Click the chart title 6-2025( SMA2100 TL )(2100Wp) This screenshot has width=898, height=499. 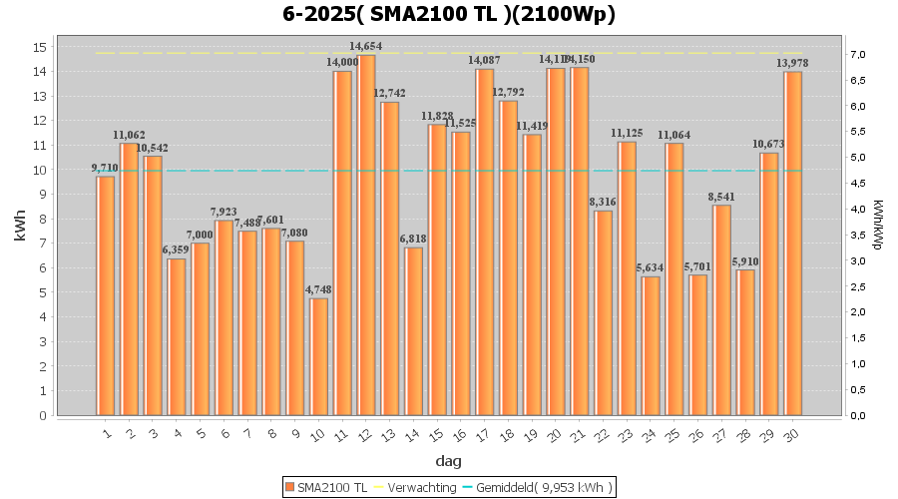coord(448,14)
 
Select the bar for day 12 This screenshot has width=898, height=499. coord(367,235)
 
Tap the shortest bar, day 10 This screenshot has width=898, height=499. coord(319,356)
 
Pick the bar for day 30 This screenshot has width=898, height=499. coord(793,244)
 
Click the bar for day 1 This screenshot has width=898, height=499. coord(105,295)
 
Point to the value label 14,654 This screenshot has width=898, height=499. coord(366,46)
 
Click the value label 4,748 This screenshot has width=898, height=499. coord(319,289)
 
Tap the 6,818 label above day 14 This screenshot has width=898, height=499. coord(414,239)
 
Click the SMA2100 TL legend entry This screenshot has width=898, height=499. coord(327,487)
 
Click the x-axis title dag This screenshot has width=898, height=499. coord(448,461)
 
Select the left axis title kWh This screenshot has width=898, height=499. coord(21,231)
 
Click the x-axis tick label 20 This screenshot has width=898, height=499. coord(554,433)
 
